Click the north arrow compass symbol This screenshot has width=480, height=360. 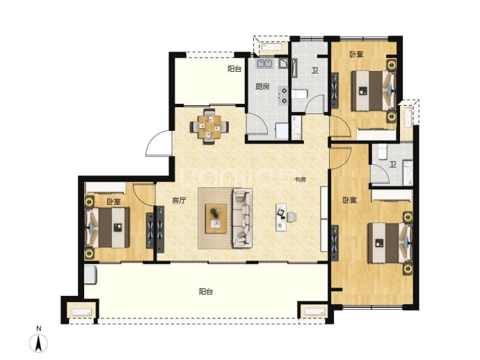point(38,343)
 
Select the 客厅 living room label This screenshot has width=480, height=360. point(179,201)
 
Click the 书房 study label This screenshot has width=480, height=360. point(301,180)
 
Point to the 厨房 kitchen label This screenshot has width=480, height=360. point(262,86)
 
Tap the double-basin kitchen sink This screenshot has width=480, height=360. point(265,63)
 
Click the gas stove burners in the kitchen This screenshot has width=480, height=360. point(283,95)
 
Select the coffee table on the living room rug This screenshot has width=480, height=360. point(216,219)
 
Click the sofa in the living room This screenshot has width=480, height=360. point(243,218)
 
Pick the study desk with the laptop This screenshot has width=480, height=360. point(281,217)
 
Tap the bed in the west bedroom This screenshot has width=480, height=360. point(107,227)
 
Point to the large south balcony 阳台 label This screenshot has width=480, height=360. point(206,291)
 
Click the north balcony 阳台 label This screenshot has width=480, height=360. point(234,69)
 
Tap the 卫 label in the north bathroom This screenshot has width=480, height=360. point(314,71)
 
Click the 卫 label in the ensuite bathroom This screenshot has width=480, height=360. point(393,165)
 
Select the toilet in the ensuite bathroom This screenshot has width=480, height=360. point(383,152)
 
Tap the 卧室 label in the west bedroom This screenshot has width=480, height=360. point(114,202)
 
